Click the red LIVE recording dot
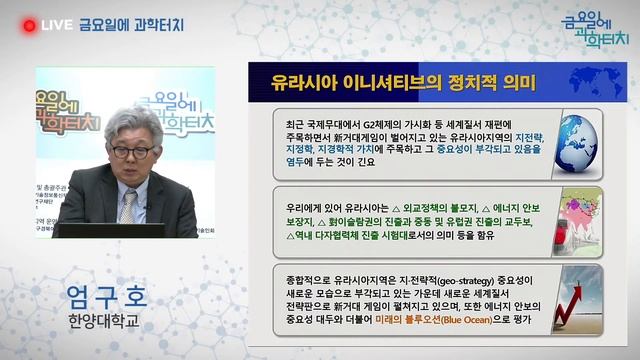[29, 25]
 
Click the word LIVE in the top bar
[56, 25]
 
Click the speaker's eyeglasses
[132, 152]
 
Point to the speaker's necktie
[128, 206]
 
